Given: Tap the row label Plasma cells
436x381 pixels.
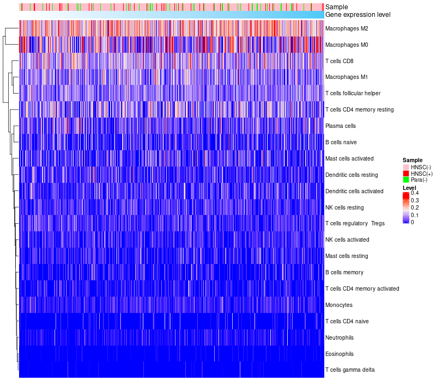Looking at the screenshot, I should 341,126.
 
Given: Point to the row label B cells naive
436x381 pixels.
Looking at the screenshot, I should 341,142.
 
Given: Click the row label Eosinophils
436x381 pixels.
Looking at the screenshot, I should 339,354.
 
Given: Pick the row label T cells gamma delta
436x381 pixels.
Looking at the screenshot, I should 349,370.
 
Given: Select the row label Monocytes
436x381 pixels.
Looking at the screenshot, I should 338,305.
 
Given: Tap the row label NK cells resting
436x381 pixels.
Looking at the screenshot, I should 344,207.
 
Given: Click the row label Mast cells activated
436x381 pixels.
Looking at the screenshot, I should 349,158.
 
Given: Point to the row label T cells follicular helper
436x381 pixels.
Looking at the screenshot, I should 353,93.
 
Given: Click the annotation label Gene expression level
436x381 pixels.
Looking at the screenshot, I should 358,14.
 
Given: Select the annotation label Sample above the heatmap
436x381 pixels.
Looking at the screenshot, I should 336,7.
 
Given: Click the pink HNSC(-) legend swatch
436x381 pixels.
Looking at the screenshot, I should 405,167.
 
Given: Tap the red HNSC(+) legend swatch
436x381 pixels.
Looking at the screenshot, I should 405,173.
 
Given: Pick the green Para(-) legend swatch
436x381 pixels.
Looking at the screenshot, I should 405,180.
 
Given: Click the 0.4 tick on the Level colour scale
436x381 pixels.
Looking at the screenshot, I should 415,193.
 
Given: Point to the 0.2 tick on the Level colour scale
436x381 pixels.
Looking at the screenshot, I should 415,208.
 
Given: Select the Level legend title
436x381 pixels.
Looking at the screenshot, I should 409,187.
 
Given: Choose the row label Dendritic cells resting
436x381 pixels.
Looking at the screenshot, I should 351,175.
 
